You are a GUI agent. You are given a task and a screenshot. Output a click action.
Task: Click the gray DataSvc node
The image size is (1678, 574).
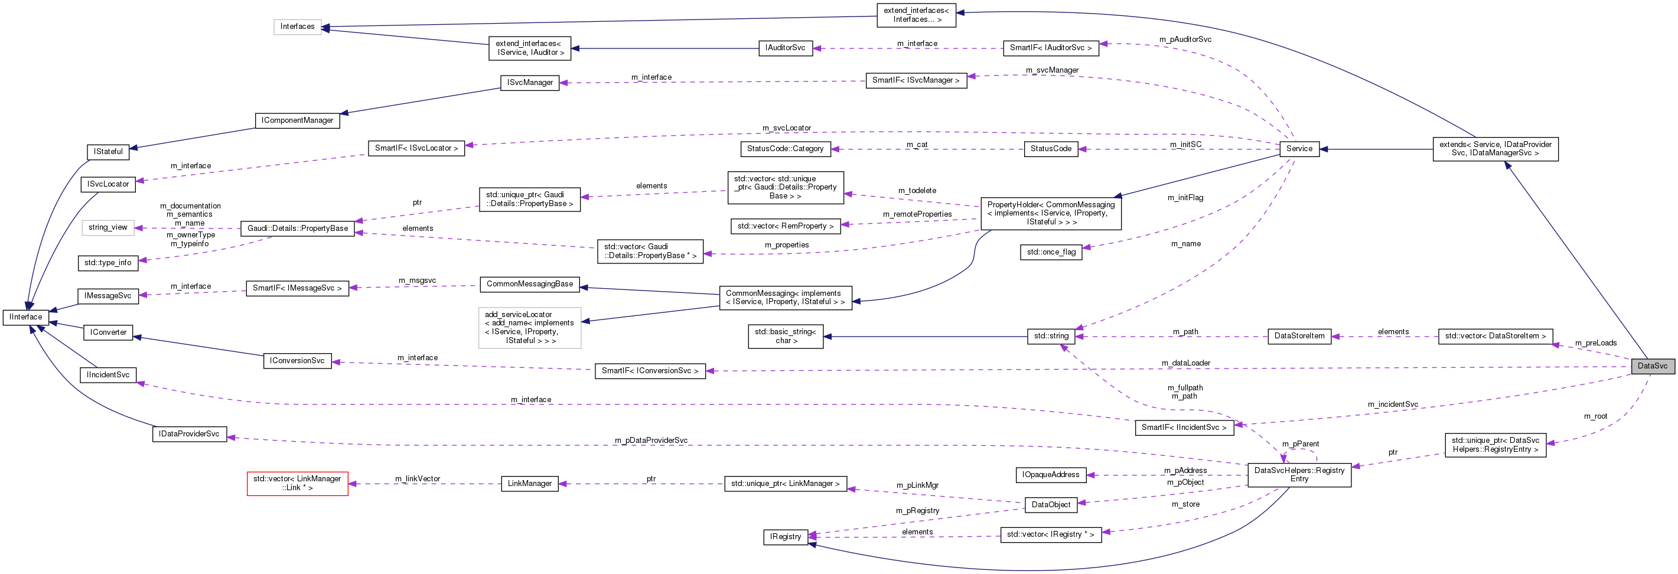pos(1652,366)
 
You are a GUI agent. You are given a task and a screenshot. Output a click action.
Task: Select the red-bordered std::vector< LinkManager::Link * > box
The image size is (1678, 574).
pos(297,484)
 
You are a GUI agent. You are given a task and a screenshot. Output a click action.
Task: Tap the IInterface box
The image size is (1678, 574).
pos(25,317)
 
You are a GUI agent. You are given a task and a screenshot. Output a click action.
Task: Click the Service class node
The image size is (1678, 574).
pos(1299,149)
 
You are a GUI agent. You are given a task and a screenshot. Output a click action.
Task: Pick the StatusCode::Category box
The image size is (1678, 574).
pos(785,149)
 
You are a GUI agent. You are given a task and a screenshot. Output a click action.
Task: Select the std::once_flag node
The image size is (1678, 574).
pos(1051,252)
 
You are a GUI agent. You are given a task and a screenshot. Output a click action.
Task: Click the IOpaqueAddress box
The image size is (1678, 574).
pos(1050,474)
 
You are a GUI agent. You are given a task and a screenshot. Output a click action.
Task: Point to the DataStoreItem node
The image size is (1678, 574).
pos(1299,336)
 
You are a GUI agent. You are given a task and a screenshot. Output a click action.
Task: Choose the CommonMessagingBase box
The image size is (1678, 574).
pos(530,284)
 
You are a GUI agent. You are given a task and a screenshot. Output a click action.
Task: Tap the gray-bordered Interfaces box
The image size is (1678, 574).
pos(297,27)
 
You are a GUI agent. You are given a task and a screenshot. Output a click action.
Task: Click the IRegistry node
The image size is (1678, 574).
pos(785,537)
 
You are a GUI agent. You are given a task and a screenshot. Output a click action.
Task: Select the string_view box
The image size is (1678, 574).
pos(107,227)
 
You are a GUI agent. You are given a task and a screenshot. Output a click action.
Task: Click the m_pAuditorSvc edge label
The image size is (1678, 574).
pos(1185,39)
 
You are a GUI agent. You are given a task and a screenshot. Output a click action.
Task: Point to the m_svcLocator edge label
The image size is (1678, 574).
pos(786,128)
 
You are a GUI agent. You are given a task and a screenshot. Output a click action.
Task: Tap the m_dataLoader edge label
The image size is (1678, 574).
pos(1185,363)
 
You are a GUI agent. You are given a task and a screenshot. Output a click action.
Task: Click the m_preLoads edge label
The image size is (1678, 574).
pos(1595,343)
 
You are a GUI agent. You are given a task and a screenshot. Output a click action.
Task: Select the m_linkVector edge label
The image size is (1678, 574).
pos(417,479)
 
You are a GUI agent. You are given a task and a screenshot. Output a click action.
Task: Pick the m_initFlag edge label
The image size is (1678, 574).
pos(1185,197)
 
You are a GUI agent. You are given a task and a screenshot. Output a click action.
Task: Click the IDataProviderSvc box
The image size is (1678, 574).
pos(189,434)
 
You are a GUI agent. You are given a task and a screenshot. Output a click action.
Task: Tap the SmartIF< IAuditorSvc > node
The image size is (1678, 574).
pos(1050,48)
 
